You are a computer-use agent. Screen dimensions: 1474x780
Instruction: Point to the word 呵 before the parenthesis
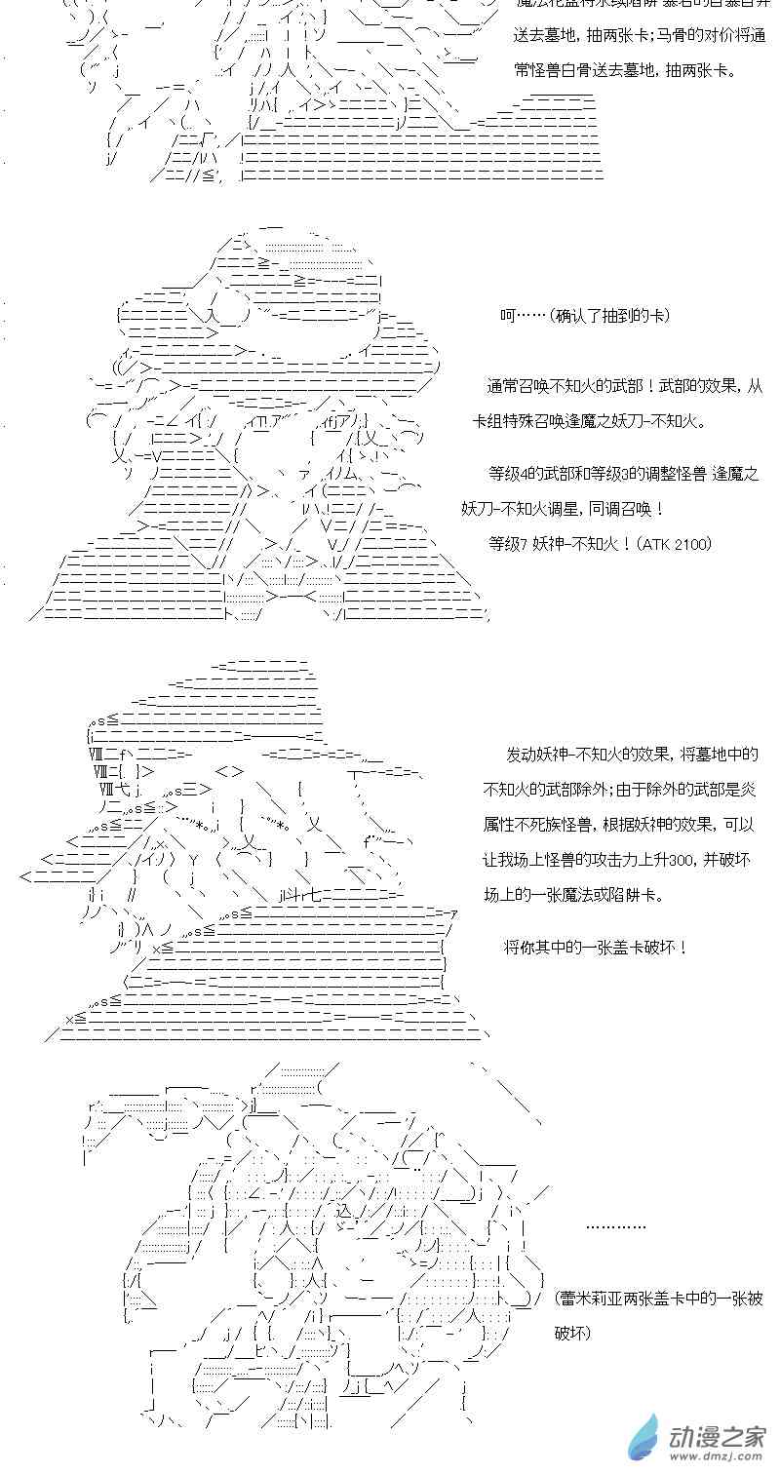click(506, 316)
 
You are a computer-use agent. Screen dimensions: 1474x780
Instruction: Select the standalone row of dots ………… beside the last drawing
click(615, 1226)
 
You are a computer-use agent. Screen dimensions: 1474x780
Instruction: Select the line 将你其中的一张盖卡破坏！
click(596, 947)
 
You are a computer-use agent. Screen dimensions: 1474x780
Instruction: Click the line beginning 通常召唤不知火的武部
click(625, 386)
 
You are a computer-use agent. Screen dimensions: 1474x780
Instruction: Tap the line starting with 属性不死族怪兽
click(619, 825)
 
